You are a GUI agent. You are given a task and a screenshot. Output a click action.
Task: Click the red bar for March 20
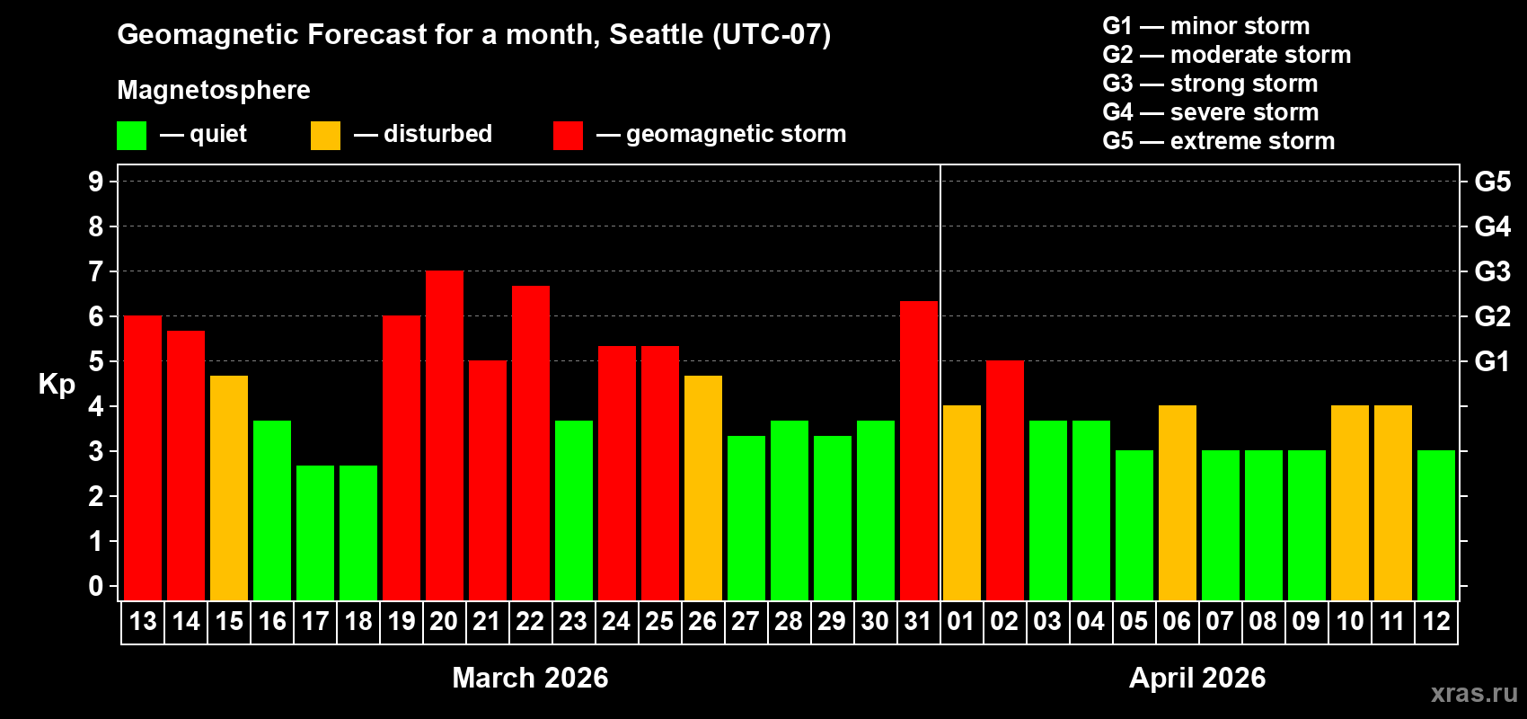coord(445,436)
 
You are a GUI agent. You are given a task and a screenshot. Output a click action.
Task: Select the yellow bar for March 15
coord(229,488)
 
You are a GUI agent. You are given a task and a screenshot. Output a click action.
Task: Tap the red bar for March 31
coord(919,451)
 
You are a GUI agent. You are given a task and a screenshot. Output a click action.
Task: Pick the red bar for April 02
coord(1005,481)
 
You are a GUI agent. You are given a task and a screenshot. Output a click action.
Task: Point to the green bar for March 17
coord(315,533)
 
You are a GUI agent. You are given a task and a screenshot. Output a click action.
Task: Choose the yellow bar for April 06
coord(1178,503)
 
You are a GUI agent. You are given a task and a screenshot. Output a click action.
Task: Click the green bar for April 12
coord(1436,526)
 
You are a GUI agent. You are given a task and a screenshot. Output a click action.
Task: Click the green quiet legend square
coord(132,136)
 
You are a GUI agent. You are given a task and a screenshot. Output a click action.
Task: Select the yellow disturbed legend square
coord(325,136)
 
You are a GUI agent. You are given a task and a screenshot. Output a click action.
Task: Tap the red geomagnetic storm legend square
coord(568,136)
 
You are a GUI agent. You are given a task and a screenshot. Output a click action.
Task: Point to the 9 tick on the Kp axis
coord(96,182)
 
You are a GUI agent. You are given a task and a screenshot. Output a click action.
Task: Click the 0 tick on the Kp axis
coord(96,587)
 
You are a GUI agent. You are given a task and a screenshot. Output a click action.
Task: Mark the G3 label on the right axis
coord(1492,271)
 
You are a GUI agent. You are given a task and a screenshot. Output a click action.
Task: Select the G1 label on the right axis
coord(1492,361)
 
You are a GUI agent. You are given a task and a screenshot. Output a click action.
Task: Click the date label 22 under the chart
coord(530,621)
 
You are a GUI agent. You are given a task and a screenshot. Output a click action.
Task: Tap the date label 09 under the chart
coord(1306,621)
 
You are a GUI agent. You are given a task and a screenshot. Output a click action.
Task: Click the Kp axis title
coord(57,384)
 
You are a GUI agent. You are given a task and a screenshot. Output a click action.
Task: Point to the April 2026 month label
coord(1197,678)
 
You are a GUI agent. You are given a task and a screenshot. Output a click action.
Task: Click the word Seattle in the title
coord(657,34)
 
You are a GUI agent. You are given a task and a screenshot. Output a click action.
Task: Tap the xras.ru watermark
coord(1474,692)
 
